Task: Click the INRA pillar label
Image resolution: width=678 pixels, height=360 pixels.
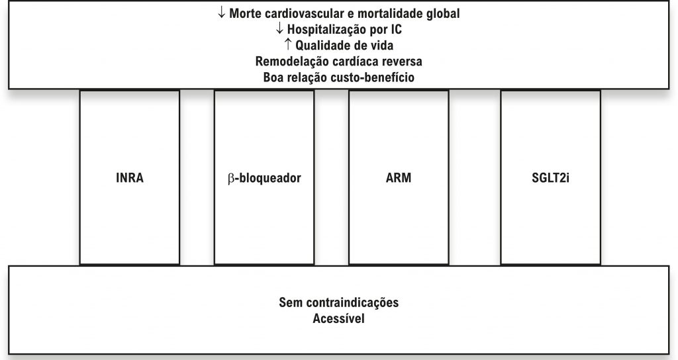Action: coord(129,179)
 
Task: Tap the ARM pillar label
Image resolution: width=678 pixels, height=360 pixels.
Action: coord(399,179)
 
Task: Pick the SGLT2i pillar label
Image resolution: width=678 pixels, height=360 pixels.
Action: coord(550,179)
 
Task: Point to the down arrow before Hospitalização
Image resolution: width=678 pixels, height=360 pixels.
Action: coord(279,28)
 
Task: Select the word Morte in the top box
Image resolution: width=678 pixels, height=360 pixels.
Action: coord(244,13)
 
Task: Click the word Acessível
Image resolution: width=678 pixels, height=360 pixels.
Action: coord(339,319)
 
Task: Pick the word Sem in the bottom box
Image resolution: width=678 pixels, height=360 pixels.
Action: coord(290,303)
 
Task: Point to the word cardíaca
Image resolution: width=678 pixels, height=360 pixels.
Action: coord(350,62)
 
